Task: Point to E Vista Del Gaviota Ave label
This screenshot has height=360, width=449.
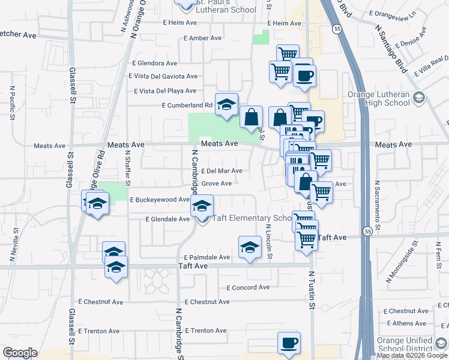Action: (163, 76)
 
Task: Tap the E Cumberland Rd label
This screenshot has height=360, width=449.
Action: (187, 106)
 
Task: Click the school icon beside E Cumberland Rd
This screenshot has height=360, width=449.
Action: (227, 104)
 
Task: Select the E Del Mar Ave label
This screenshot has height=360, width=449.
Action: (221, 171)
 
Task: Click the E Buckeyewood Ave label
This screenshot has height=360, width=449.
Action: (160, 199)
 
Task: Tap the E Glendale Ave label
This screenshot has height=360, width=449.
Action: (167, 220)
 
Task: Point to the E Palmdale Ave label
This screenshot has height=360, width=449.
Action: (207, 257)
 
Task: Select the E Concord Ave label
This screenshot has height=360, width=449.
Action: (247, 287)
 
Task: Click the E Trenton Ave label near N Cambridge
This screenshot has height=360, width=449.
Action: (206, 331)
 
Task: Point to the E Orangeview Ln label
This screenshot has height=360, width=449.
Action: (393, 13)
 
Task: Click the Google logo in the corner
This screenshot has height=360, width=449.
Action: (20, 353)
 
